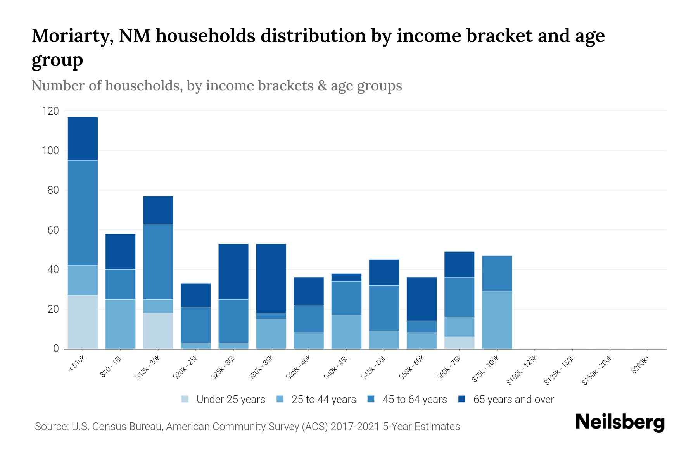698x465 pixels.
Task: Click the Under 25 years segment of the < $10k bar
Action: tap(83, 322)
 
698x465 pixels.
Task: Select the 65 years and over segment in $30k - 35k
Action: tap(271, 278)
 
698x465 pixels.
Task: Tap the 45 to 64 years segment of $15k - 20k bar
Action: tap(158, 262)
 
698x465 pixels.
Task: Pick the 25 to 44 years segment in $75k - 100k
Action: tap(497, 320)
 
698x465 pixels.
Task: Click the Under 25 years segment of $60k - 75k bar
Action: tap(459, 343)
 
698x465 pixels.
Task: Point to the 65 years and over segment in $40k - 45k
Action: tap(346, 277)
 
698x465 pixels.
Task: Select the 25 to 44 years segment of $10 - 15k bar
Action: tap(120, 324)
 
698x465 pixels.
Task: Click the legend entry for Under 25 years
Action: tap(230, 400)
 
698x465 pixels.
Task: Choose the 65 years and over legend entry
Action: tap(513, 400)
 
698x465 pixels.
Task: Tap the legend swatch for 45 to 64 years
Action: tap(371, 399)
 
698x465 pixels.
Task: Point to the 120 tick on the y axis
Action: tap(50, 112)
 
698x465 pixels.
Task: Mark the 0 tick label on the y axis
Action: tap(56, 349)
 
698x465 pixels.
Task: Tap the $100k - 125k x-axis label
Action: tap(522, 370)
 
